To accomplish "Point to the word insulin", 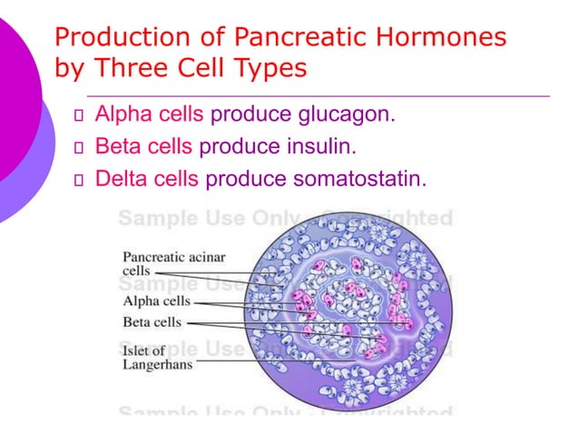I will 318,146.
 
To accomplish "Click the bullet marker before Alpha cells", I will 78,116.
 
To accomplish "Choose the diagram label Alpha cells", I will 156,301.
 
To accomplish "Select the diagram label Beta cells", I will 152,322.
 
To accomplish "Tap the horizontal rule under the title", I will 318,94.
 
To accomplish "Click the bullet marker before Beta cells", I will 78,147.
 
